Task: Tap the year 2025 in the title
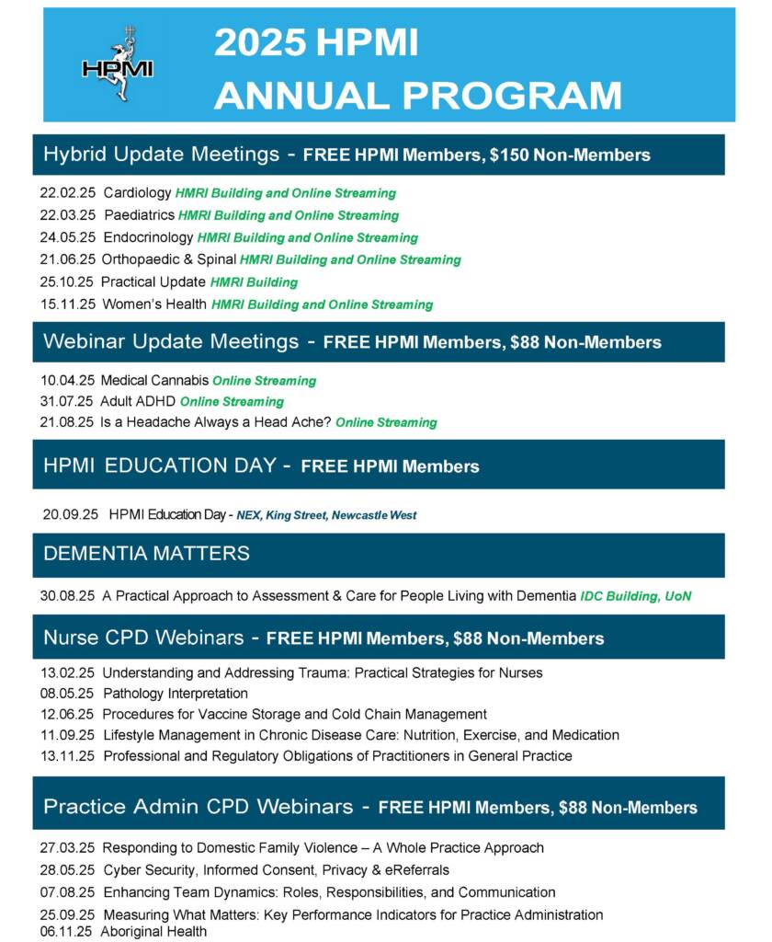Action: coord(259,44)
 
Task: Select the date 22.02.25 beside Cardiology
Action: coord(68,193)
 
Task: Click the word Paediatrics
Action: coord(138,215)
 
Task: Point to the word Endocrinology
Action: coord(148,237)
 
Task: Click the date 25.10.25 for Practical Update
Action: coord(67,282)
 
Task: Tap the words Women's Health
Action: coord(153,304)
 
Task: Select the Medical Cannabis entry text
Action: coord(154,381)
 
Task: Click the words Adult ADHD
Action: coord(138,402)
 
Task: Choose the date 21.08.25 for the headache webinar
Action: coord(67,422)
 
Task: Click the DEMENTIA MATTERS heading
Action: coord(146,554)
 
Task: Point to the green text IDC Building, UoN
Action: coord(636,596)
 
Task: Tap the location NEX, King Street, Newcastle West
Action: coord(326,515)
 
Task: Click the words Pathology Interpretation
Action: coord(176,694)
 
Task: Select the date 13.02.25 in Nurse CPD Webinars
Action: coord(68,673)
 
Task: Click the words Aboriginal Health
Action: coord(153,932)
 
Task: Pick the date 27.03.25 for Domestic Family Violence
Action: coord(68,848)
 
